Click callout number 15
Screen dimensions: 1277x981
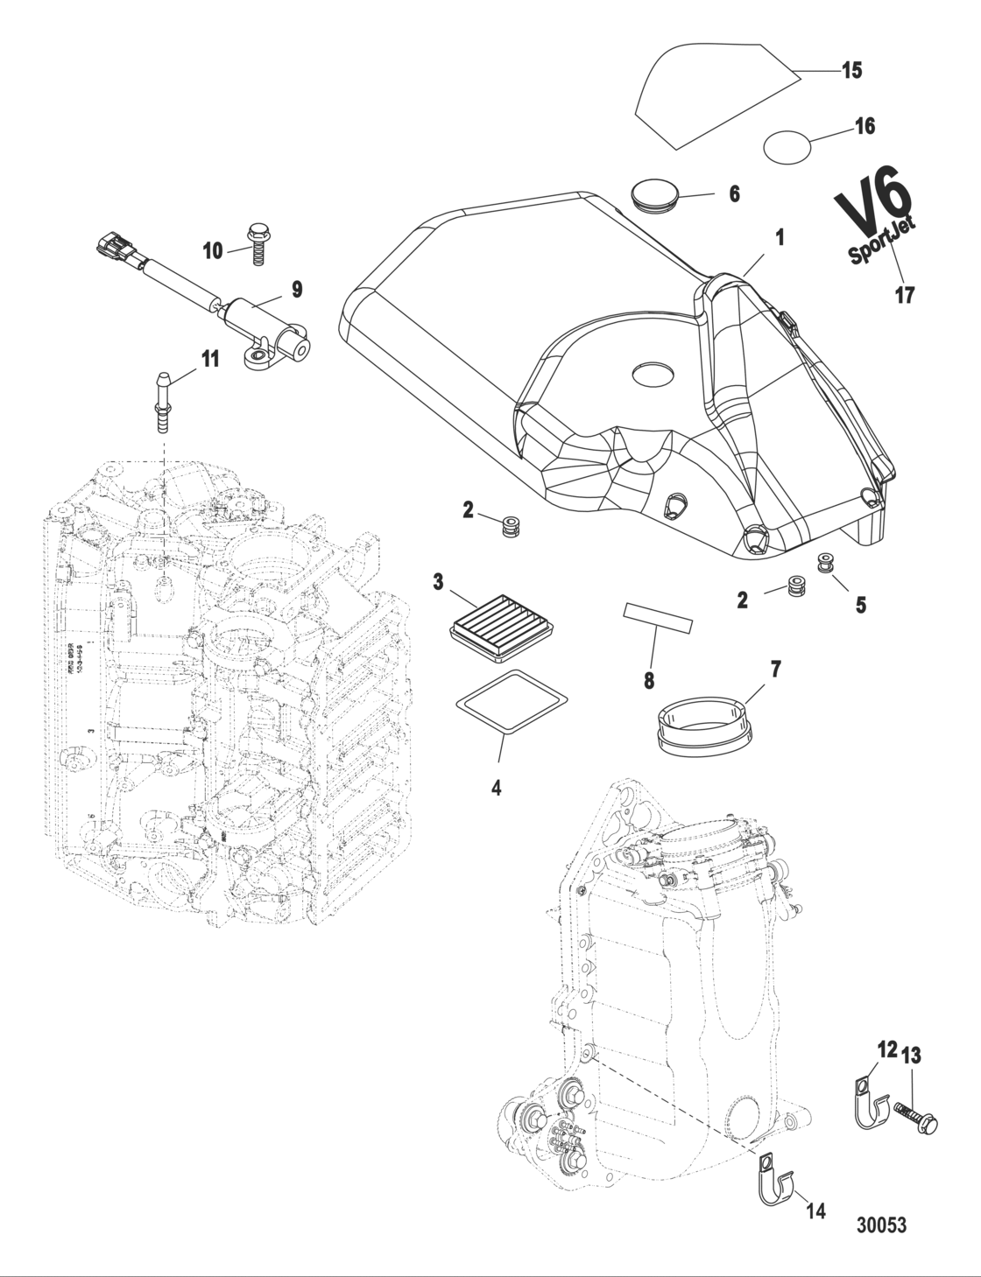click(851, 71)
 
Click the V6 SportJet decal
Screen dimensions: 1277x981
click(874, 218)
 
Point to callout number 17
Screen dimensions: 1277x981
click(904, 295)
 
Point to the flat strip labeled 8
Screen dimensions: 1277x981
click(657, 617)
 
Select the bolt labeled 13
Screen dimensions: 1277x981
click(916, 1117)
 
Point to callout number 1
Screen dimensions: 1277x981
click(779, 237)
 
